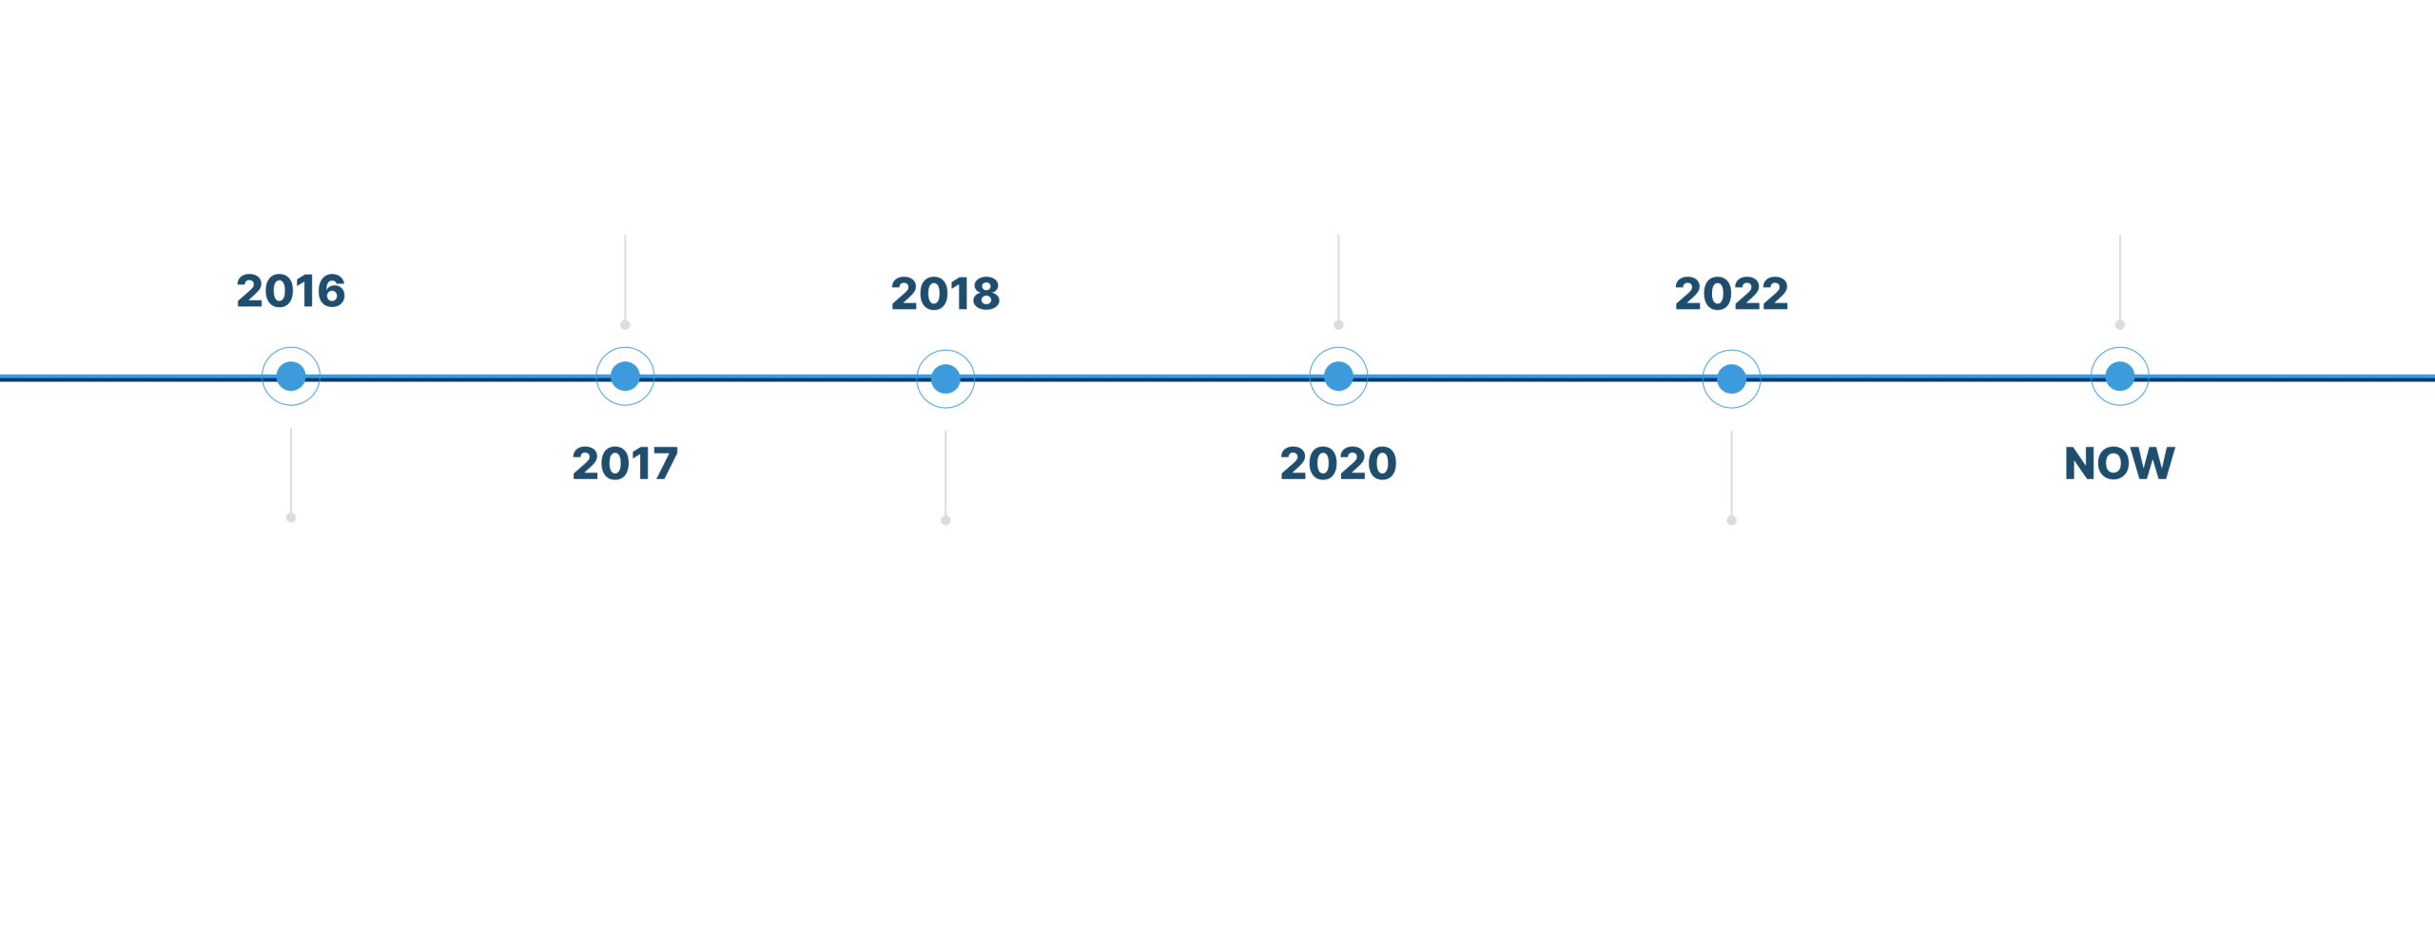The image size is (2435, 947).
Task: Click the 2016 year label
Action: point(291,291)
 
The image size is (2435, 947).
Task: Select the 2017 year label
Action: point(625,464)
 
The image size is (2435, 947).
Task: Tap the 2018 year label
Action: point(945,294)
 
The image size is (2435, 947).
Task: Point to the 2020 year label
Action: point(1337,464)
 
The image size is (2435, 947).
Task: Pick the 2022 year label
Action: point(1731,294)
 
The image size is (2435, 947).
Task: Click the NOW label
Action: point(2119,464)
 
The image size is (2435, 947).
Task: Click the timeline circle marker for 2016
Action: point(291,377)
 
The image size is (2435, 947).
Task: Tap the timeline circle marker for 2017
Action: point(625,377)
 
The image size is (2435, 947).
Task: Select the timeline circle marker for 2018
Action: point(945,379)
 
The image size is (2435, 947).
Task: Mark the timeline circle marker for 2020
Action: point(1338,377)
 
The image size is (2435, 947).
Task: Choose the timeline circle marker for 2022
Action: point(1731,379)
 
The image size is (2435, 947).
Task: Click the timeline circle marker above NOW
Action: point(2119,377)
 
